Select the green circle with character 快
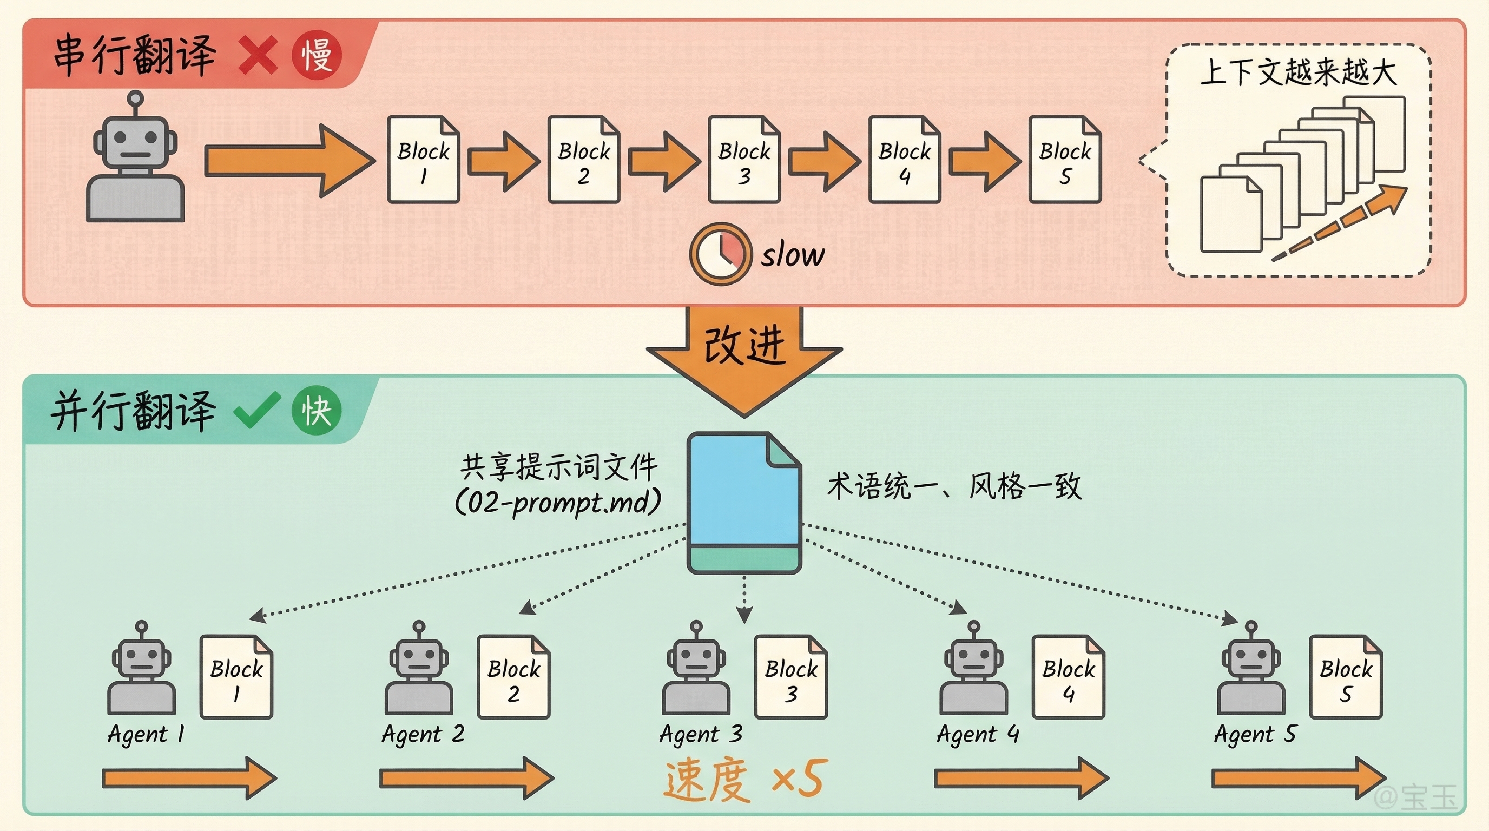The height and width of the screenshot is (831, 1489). (x=316, y=411)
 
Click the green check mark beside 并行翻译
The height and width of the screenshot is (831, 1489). (x=256, y=411)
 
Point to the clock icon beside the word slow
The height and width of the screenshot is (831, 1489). (x=720, y=254)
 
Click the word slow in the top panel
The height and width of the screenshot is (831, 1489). (x=793, y=255)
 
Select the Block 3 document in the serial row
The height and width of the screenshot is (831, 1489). (x=744, y=160)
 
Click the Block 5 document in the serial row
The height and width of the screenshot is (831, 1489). (x=1065, y=160)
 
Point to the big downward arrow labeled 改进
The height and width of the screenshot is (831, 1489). (x=744, y=358)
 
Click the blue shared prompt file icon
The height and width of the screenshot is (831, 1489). (x=744, y=503)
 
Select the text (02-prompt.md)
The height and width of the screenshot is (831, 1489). (x=558, y=502)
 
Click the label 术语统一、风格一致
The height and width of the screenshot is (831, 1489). (x=954, y=486)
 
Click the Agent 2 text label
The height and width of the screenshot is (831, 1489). (x=423, y=735)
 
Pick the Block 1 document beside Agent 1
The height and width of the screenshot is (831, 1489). (x=236, y=677)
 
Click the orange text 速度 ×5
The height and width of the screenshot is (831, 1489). (x=746, y=780)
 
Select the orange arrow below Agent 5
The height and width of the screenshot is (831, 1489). (x=1298, y=779)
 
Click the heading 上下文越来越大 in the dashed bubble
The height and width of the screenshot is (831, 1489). (x=1298, y=73)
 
